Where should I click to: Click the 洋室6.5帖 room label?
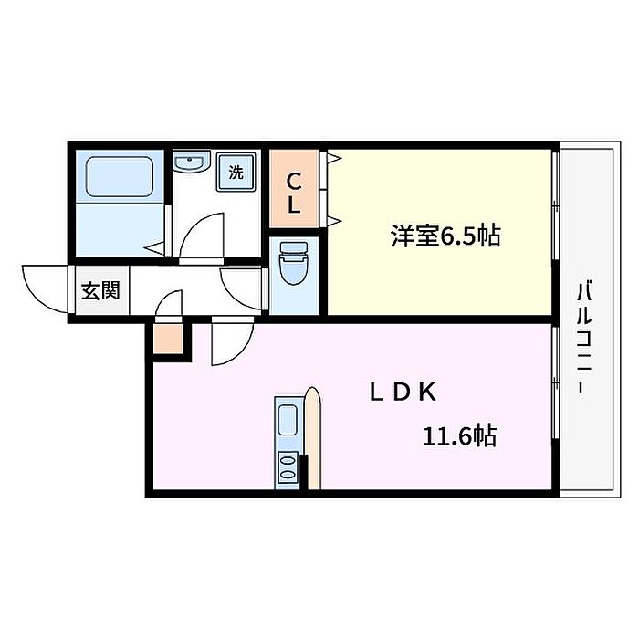coord(445,236)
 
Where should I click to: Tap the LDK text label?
coord(403,393)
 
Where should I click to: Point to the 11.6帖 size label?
coord(459,436)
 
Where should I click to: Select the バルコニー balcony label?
coord(581,339)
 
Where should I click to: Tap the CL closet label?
coord(294,193)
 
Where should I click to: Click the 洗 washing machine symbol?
coord(236,172)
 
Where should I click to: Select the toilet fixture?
coord(293,266)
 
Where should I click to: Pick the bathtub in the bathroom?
coord(119,177)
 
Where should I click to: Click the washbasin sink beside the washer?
coord(191,163)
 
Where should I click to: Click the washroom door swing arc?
coord(200,236)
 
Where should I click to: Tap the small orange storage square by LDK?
coord(168,340)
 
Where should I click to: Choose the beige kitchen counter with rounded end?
coord(312,438)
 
